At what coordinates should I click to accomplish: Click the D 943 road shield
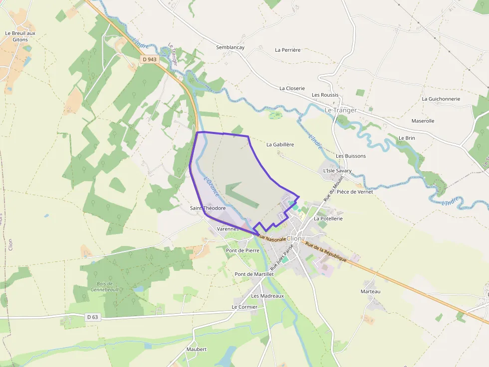pos(149,59)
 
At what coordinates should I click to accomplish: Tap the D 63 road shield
pos(92,317)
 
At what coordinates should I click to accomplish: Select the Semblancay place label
pos(231,47)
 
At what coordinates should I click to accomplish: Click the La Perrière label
pos(288,50)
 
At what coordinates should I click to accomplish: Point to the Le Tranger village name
pos(341,110)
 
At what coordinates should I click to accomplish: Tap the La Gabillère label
pos(280,144)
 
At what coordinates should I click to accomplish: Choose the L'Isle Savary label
pos(337,170)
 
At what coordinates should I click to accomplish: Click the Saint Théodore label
pos(208,208)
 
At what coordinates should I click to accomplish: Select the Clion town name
pos(294,239)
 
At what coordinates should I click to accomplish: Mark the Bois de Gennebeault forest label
pos(104,286)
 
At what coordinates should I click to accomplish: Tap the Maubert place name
pos(197,349)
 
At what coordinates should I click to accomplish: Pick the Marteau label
pos(370,291)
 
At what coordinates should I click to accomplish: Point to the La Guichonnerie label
pos(441,99)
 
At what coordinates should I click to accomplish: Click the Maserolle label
pos(423,121)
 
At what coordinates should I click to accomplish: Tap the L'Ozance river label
pos(211,183)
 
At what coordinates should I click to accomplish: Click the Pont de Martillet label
pos(254,274)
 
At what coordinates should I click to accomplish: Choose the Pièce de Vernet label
pos(355,192)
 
